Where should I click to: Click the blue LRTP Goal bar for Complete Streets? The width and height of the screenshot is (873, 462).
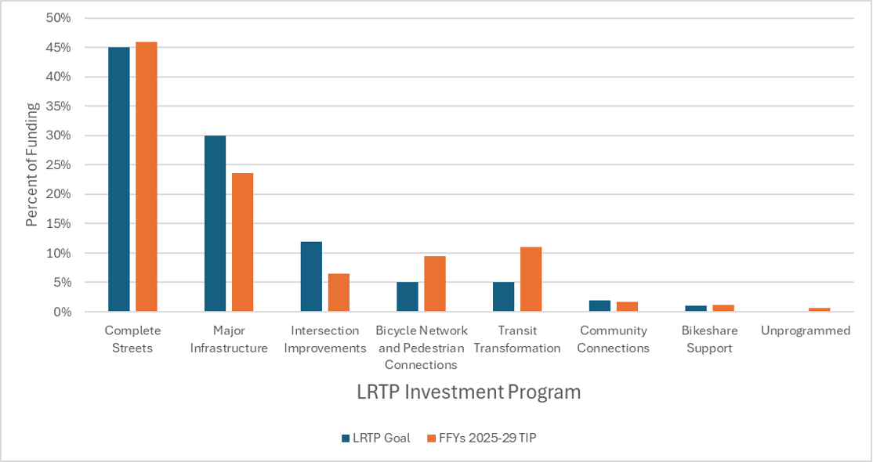pos(119,179)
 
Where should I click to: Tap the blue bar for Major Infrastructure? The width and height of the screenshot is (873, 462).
pos(215,223)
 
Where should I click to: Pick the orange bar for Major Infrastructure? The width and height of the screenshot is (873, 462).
pos(242,242)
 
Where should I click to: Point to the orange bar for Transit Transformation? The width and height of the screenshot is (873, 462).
pos(531,280)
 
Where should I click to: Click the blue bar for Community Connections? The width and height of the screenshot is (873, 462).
pos(600,306)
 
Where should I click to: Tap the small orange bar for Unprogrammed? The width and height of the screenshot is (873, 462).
pos(819,309)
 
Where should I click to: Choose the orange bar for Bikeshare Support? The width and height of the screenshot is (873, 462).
pos(723,308)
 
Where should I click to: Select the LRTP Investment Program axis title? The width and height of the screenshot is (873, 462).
pos(469,392)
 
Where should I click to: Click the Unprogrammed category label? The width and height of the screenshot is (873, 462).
pos(805,330)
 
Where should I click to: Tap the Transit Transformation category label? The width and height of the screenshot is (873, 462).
pos(517,339)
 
